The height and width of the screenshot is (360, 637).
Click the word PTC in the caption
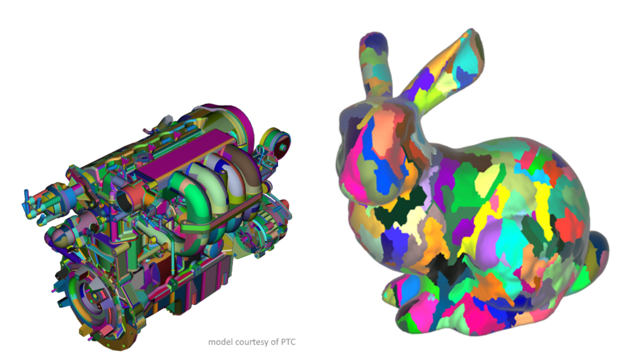pyautogui.click(x=288, y=342)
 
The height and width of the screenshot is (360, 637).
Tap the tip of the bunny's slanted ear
pyautogui.click(x=472, y=29)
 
